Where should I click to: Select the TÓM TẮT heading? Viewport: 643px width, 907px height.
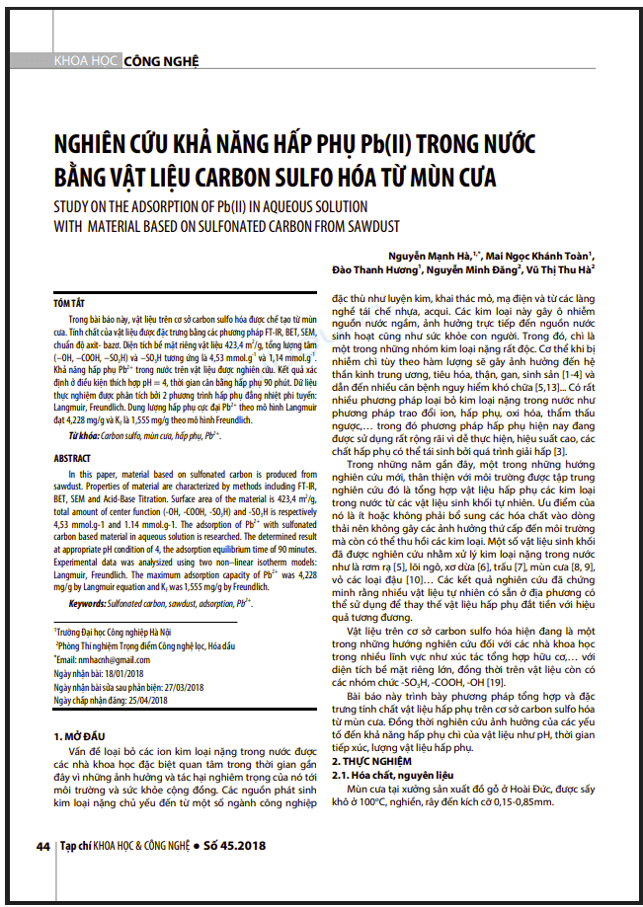69,304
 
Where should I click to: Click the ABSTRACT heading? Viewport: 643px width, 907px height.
72,459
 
